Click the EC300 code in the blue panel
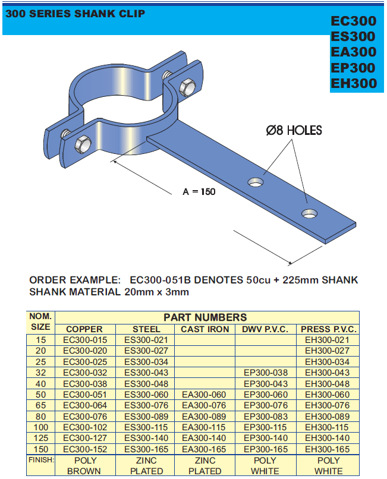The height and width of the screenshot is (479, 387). coord(354,21)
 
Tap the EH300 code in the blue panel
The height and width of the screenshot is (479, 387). coord(354,83)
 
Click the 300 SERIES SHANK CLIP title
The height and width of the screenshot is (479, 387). coord(75,14)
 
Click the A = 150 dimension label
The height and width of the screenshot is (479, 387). coord(199,191)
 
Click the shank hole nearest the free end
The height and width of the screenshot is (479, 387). coord(309,213)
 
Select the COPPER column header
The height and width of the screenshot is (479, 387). coord(84,329)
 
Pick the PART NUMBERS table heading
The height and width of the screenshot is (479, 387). coord(205,317)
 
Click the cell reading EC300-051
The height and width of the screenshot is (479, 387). coord(84,395)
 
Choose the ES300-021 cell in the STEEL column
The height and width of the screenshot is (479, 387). coord(146,340)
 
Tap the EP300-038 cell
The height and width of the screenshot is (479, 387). coord(266,373)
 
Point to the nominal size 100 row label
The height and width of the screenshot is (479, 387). coord(40,427)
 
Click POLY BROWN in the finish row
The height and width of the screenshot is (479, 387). coord(84,466)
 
